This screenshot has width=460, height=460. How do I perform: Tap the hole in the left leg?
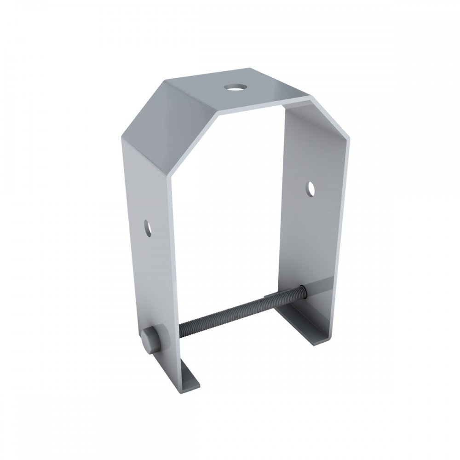[148, 227]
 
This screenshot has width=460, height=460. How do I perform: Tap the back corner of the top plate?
[252, 69]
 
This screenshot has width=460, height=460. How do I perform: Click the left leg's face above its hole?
[143, 184]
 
